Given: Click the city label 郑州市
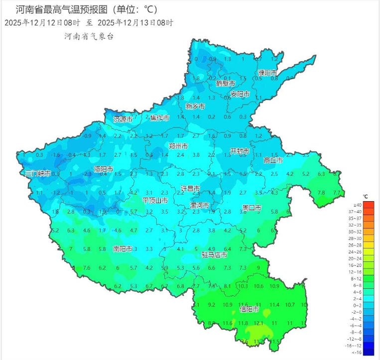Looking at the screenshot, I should pyautogui.click(x=178, y=146).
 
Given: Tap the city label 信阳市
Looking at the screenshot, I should pyautogui.click(x=249, y=309).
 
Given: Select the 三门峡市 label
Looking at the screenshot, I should pyautogui.click(x=38, y=173).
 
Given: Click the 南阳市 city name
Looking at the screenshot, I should pyautogui.click(x=123, y=248).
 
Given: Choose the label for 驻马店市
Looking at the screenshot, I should pyautogui.click(x=214, y=255).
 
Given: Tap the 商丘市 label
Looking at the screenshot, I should pyautogui.click(x=273, y=160).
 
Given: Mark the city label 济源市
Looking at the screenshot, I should pyautogui.click(x=123, y=120).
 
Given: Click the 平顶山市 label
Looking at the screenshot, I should pyautogui.click(x=155, y=200).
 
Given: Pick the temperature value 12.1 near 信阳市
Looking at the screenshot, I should pyautogui.click(x=258, y=323).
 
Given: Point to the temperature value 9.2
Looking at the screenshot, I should pyautogui.click(x=211, y=305).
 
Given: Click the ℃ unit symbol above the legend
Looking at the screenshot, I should pyautogui.click(x=365, y=197).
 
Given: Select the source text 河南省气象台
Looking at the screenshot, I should pyautogui.click(x=89, y=37).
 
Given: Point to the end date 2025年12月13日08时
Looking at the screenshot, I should pyautogui.click(x=135, y=23).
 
